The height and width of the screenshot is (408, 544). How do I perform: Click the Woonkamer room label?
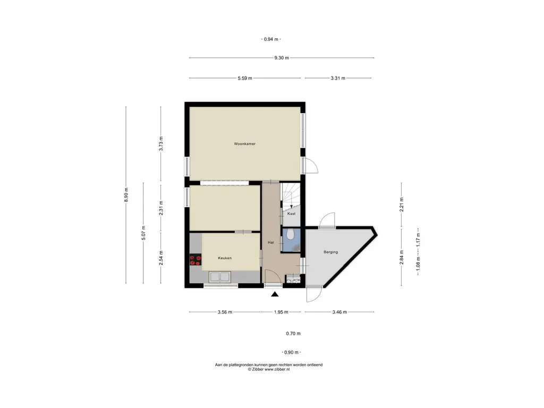[244, 143]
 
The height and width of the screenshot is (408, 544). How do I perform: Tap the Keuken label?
[225, 258]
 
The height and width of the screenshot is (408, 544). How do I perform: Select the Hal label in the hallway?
[270, 242]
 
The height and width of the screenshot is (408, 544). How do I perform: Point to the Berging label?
[330, 252]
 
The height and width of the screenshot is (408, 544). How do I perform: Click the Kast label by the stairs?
[292, 214]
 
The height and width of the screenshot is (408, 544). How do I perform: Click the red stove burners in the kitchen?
[195, 260]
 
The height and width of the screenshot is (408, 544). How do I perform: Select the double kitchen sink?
[219, 277]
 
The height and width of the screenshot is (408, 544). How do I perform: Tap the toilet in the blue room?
[291, 235]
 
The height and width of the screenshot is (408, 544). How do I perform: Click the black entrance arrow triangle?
[275, 294]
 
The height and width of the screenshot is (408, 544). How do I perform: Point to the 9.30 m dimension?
[282, 58]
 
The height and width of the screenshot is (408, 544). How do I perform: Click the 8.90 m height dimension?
[126, 194]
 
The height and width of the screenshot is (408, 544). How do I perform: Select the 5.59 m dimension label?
[245, 78]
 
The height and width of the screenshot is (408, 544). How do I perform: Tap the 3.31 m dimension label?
[338, 78]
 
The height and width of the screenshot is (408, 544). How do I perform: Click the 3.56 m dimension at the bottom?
[225, 312]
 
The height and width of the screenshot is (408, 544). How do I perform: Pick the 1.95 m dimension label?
[281, 312]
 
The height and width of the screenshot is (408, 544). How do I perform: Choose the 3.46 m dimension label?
[339, 312]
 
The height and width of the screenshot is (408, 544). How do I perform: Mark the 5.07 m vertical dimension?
[143, 233]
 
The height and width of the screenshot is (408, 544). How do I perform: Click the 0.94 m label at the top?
[271, 39]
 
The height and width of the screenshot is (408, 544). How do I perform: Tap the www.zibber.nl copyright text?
[269, 370]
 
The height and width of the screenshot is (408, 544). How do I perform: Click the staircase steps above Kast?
[291, 195]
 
